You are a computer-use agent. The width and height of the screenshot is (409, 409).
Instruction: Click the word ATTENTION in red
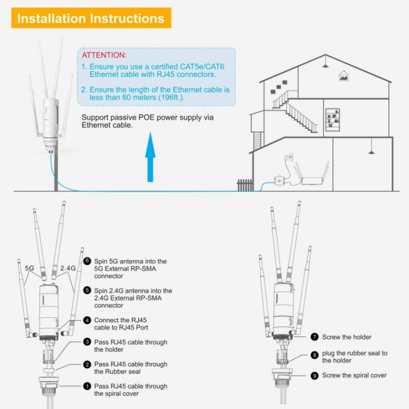(x=104, y=56)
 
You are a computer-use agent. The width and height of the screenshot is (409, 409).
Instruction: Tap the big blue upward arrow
(x=151, y=159)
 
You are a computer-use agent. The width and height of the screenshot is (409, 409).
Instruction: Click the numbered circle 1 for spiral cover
(x=87, y=386)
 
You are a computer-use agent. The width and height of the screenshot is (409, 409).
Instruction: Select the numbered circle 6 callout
(x=87, y=261)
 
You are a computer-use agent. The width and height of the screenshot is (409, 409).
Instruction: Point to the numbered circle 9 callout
(x=315, y=375)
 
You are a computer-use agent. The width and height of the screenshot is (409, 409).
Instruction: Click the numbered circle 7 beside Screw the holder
(x=315, y=337)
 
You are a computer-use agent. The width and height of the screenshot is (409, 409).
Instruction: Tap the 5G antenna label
(x=31, y=268)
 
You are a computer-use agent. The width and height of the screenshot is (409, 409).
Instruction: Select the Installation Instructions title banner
(x=91, y=18)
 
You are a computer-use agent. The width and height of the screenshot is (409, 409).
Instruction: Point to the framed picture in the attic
(x=344, y=77)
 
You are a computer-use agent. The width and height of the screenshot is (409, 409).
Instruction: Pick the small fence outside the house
(x=245, y=185)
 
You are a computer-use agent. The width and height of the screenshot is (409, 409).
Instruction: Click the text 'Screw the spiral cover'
(x=354, y=375)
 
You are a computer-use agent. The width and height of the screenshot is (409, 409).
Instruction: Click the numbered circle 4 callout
(x=87, y=320)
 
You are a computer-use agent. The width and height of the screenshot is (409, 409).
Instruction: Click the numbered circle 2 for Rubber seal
(x=87, y=364)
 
